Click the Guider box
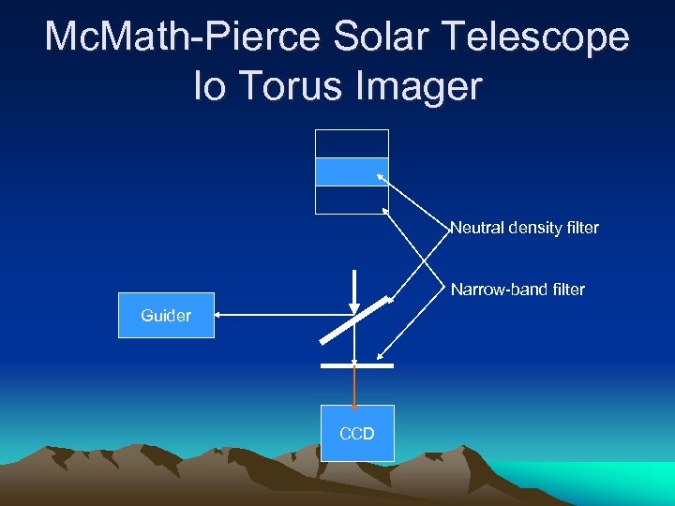pos(166,316)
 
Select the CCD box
pos(357,433)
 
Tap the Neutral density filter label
pos(524,228)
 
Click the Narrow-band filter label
pos(517,290)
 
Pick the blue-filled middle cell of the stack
pos(352,171)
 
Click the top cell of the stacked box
pos(352,143)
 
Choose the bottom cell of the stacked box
pos(352,200)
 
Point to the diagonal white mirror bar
pos(354,320)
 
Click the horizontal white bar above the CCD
pos(356,365)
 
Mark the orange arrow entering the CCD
pos(354,387)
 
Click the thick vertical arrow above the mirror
pos(354,290)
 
